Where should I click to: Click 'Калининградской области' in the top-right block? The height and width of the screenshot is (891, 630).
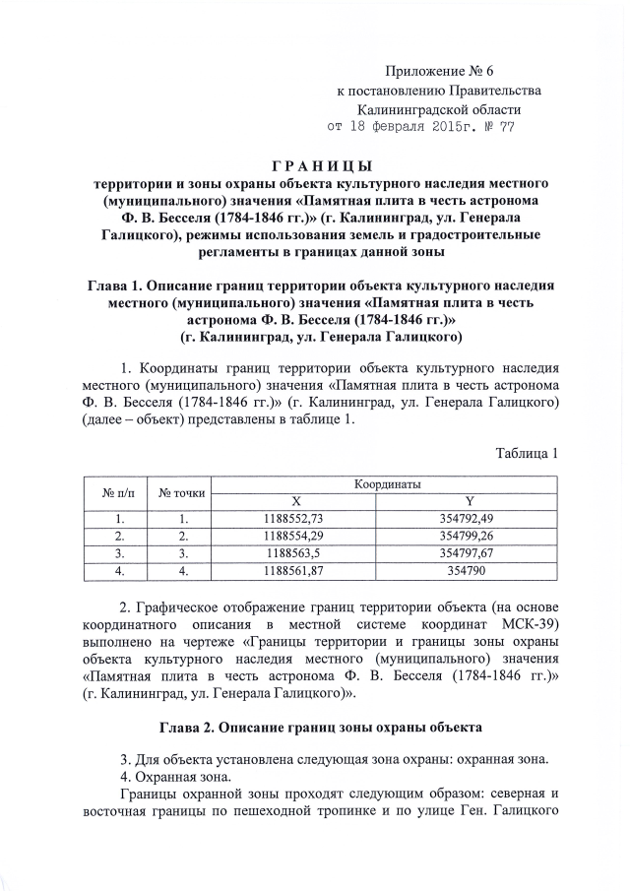[439, 108]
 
